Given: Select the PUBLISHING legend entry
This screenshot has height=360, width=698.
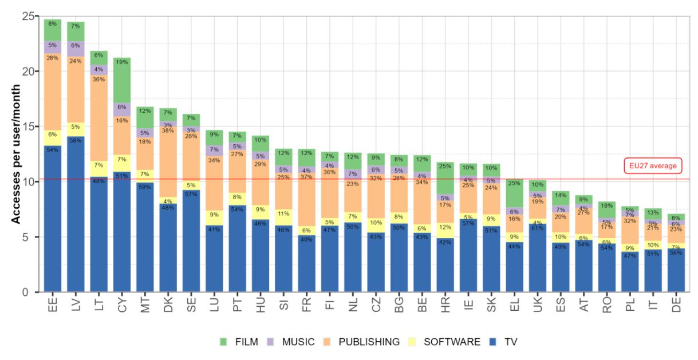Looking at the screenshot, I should coord(361,342).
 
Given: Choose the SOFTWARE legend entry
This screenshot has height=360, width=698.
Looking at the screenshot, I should coord(444,342).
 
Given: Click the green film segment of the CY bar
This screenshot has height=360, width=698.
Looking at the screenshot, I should coord(122,80).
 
